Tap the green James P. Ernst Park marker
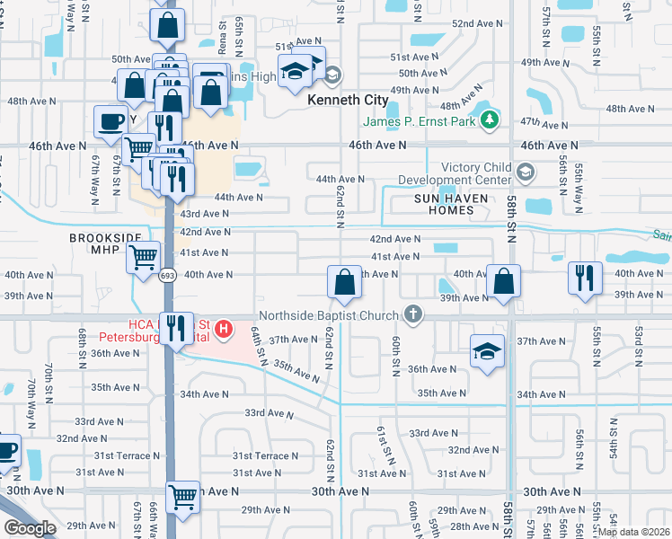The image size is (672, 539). click(489, 119)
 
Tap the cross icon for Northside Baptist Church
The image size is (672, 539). click(412, 314)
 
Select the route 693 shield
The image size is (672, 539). click(168, 276)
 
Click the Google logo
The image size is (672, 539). click(30, 527)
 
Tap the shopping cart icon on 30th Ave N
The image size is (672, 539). click(183, 494)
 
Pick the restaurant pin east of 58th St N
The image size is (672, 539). click(585, 278)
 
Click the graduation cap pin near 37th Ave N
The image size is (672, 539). click(487, 350)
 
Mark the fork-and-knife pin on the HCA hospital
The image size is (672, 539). click(176, 328)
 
